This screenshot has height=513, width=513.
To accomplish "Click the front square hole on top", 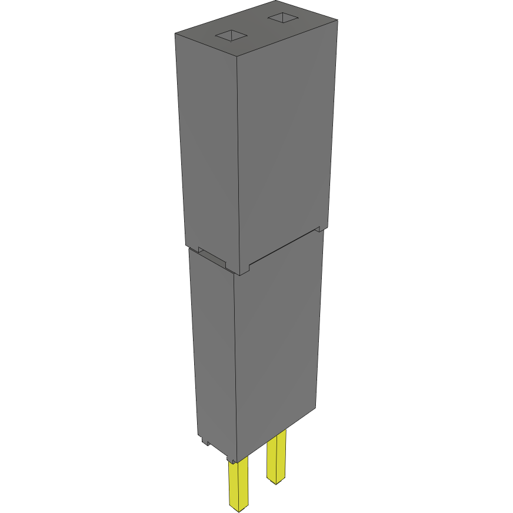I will coord(233,36).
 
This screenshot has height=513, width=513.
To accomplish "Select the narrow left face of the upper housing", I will coord(209,147).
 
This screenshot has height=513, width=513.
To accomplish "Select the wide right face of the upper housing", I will coord(285,147).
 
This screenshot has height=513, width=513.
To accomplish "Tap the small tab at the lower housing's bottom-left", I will coord(204,439).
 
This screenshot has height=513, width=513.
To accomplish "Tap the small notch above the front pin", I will coord(234,459).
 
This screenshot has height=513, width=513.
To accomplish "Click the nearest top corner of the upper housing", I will coord(236,57).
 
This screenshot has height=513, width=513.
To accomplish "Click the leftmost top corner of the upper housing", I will coord(175,34).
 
